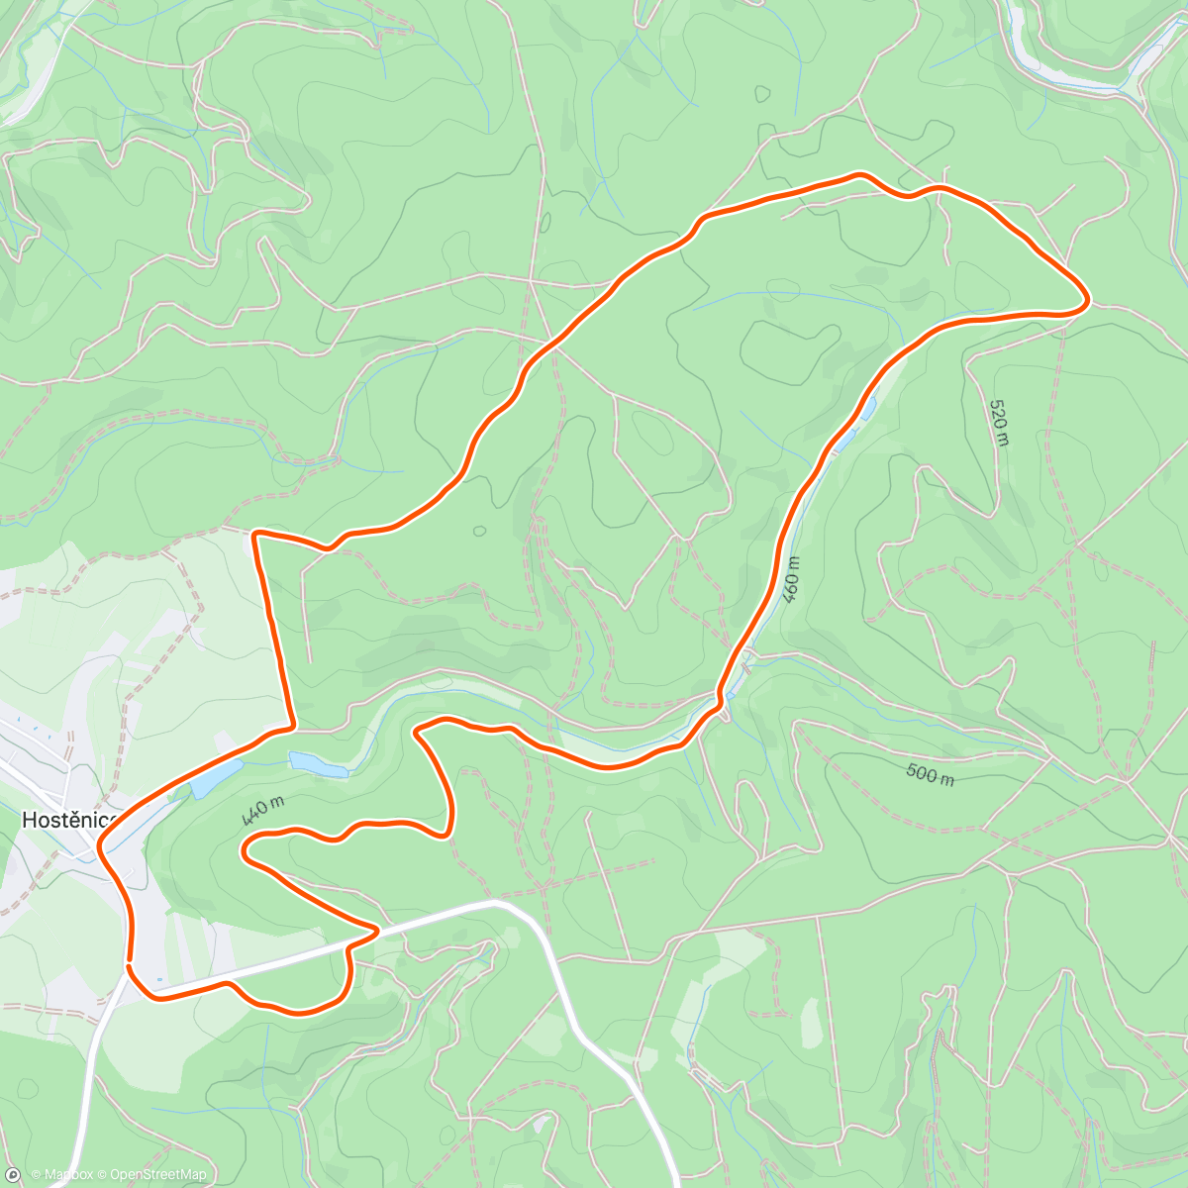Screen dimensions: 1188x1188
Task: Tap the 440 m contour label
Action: coord(262,810)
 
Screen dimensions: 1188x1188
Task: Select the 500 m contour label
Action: coord(930,774)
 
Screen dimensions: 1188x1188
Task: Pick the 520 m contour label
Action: coord(999,422)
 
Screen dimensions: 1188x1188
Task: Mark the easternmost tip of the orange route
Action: coord(1088,298)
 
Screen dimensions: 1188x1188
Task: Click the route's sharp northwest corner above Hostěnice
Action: coord(255,535)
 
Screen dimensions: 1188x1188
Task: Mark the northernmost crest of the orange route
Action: coord(859,175)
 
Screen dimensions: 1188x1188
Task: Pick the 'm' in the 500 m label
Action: coord(946,779)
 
